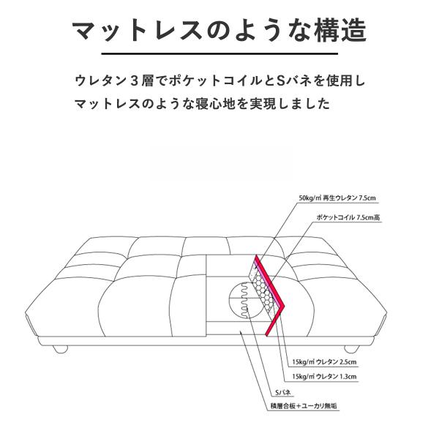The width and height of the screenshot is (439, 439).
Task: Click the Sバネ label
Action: pyautogui.click(x=282, y=394)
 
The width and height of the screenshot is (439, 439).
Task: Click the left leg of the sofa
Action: pyautogui.click(x=59, y=348)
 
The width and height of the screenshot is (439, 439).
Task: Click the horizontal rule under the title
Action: pyautogui.click(x=219, y=54)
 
